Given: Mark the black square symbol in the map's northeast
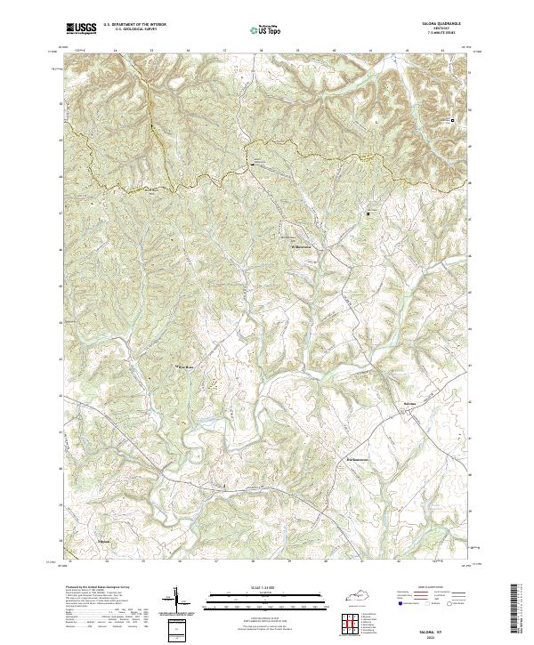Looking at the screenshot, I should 451,119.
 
